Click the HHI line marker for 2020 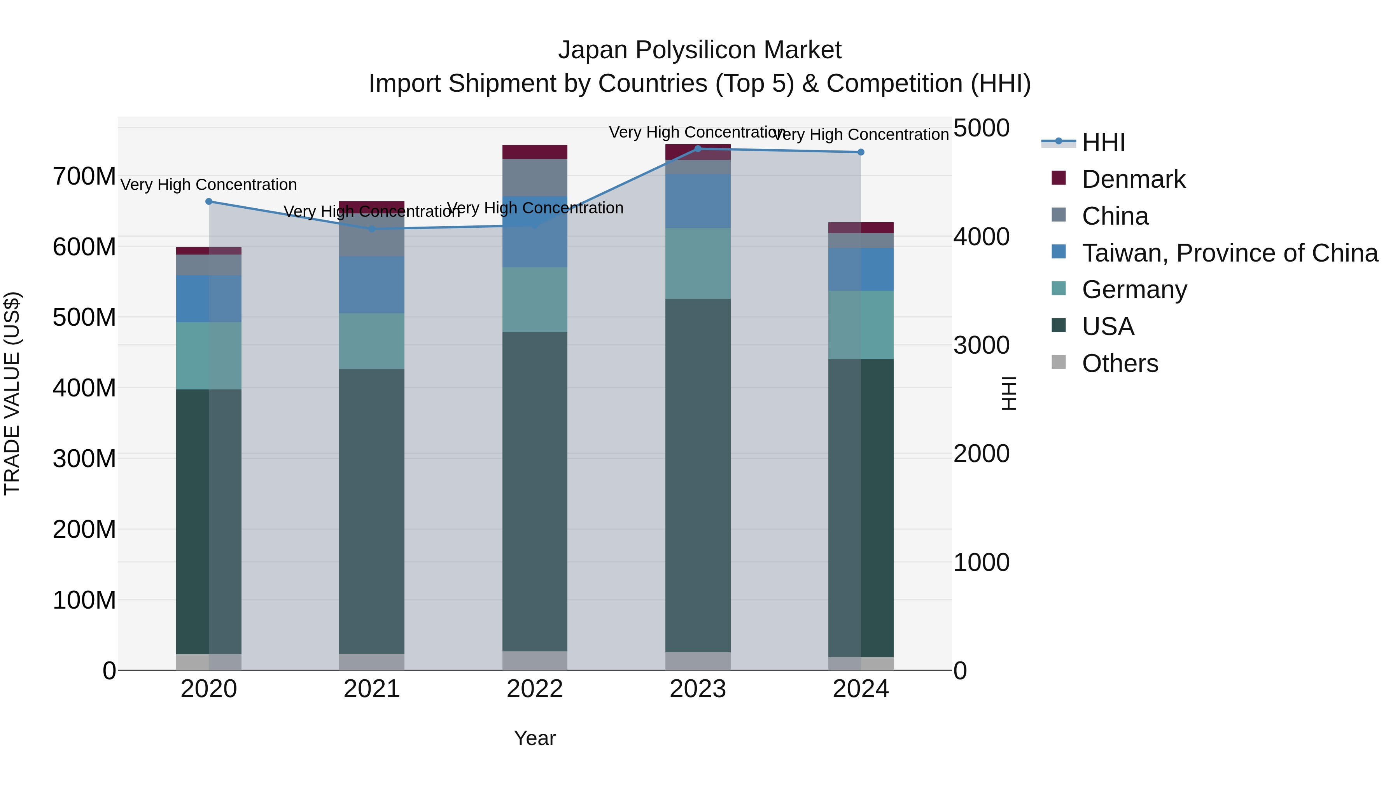coord(209,201)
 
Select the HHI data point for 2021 coord(372,229)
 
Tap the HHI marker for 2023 coord(698,148)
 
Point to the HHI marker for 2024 coord(861,152)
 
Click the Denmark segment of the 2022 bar coord(535,152)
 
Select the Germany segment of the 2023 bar coord(698,263)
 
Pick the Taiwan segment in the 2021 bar coord(372,284)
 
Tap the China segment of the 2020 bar coord(209,265)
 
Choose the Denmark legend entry coord(1133,179)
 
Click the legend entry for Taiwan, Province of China coord(1229,253)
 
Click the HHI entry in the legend coord(1103,142)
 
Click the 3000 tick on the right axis coord(982,346)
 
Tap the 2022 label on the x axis coord(535,689)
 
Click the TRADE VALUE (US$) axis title coord(12,393)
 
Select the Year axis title coord(535,738)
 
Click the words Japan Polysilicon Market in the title coord(700,50)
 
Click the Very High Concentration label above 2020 coord(209,185)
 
